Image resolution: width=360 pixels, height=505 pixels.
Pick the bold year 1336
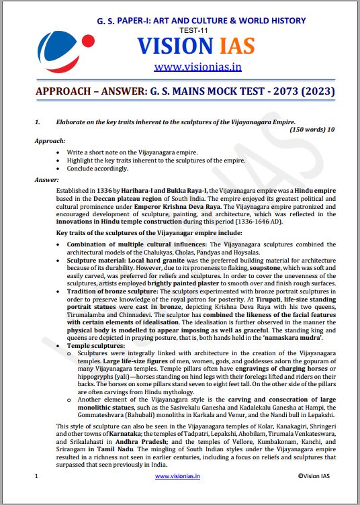tap(108, 192)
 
